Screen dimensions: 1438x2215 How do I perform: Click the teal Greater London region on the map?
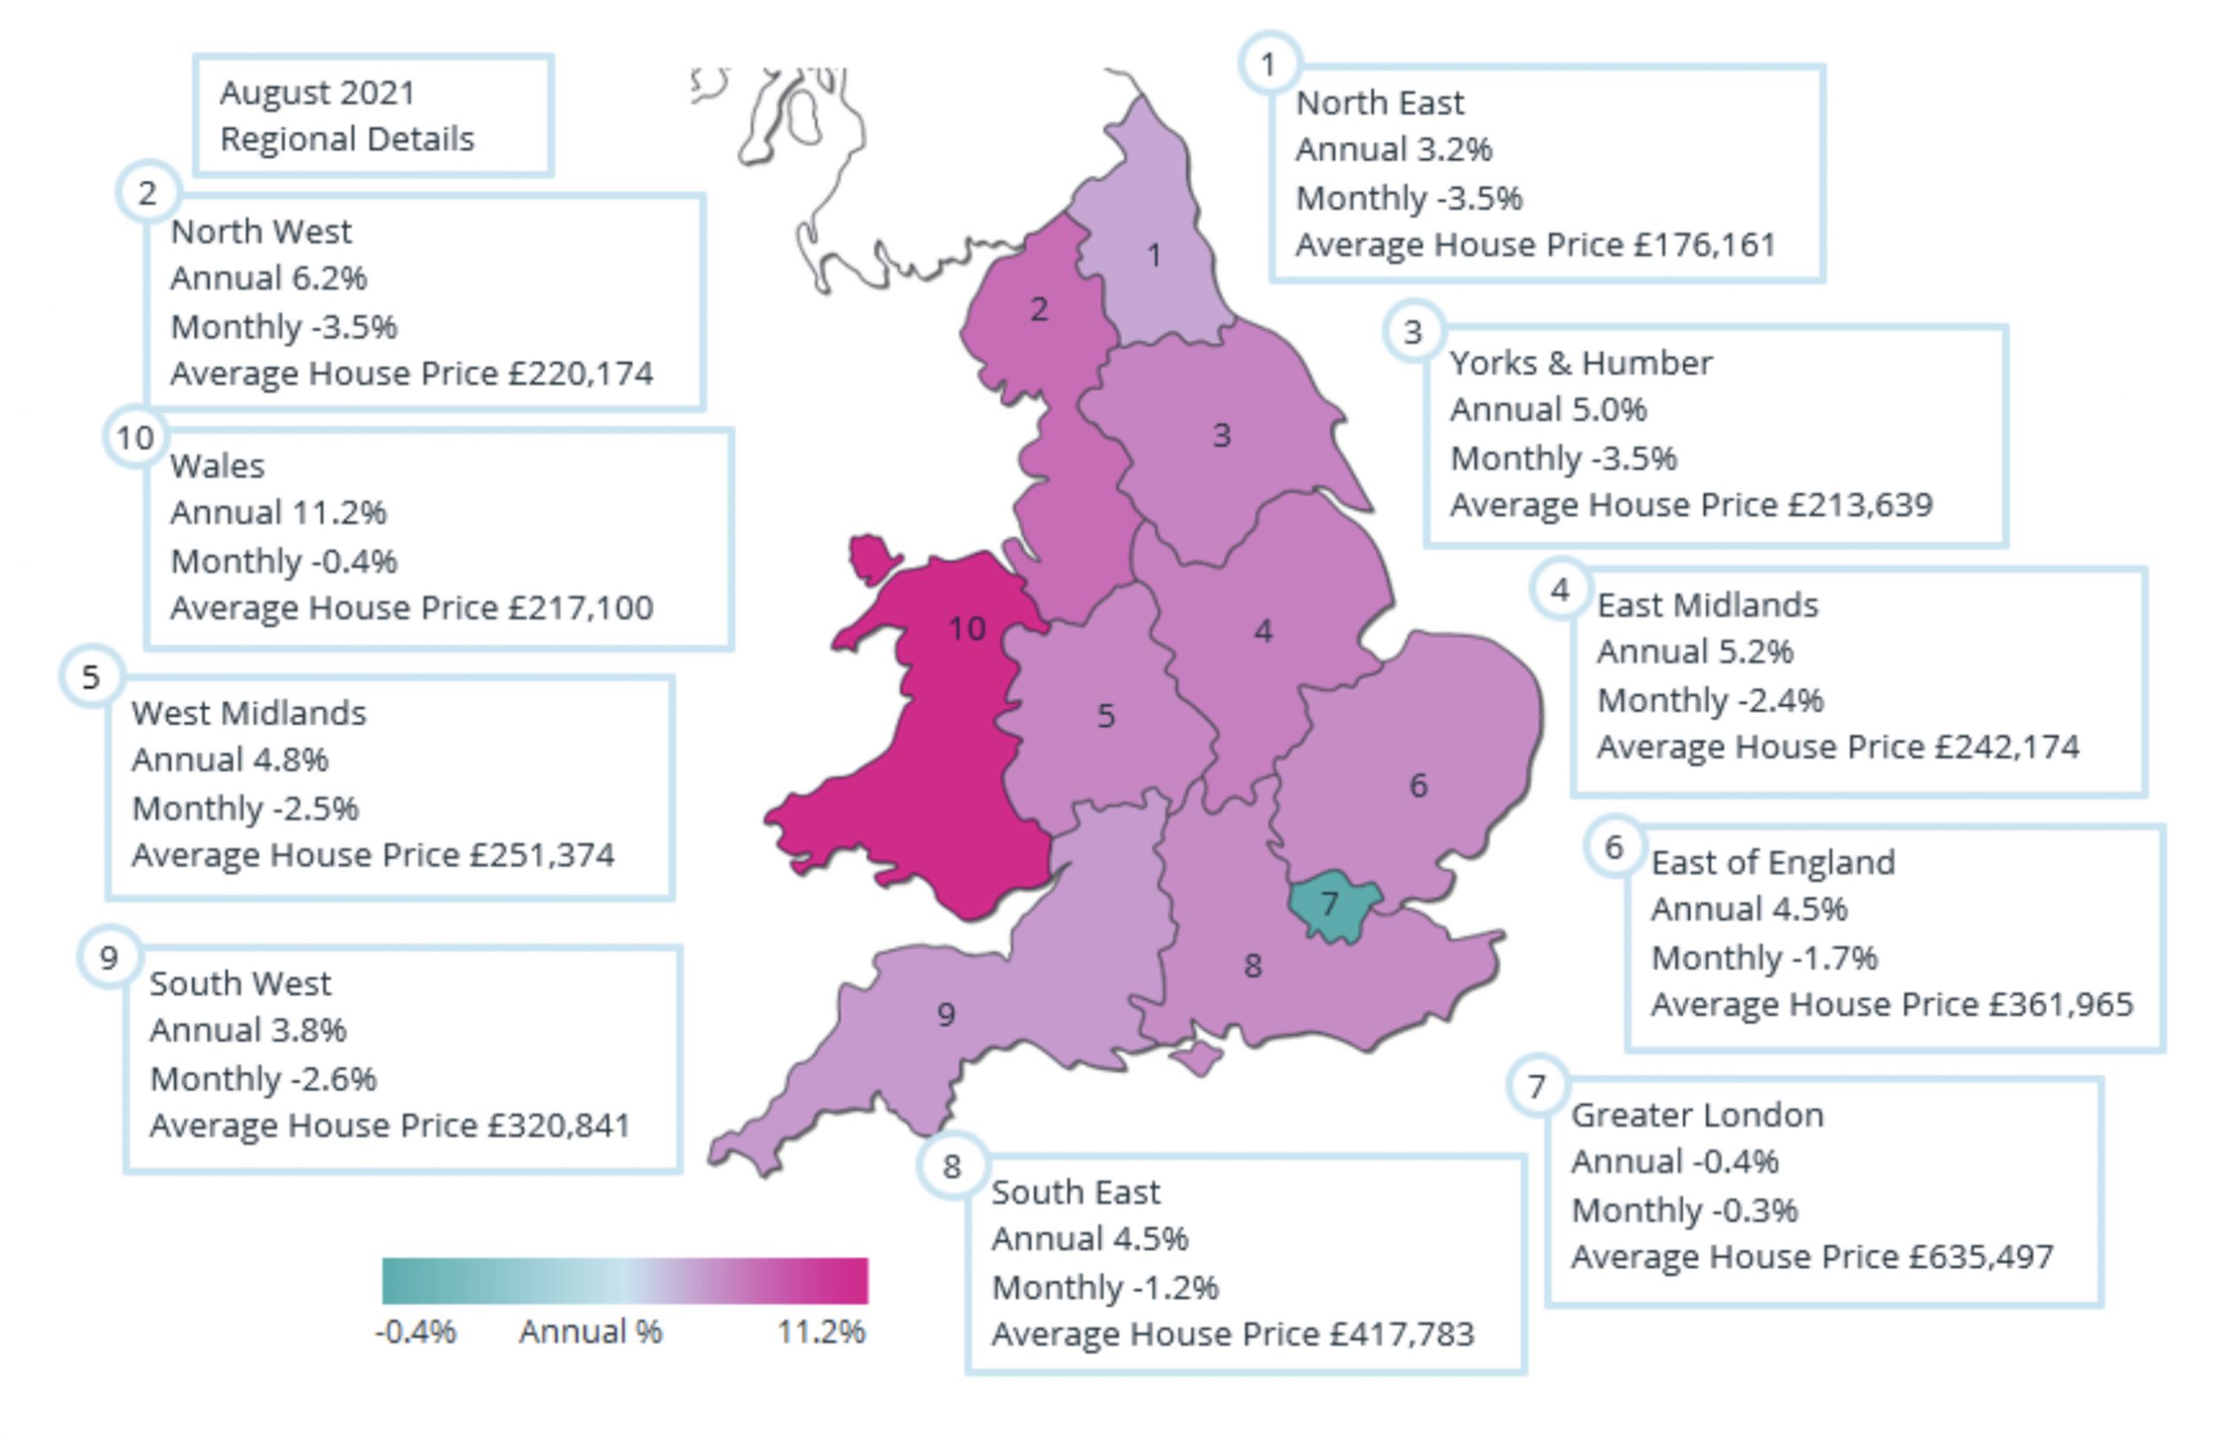(x=1329, y=904)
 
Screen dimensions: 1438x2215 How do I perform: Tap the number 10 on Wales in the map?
(x=967, y=629)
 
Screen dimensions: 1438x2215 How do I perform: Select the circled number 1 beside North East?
(x=1268, y=64)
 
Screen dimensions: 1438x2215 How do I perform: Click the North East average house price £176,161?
(x=1704, y=245)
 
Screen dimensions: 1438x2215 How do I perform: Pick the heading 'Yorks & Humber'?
(x=1580, y=363)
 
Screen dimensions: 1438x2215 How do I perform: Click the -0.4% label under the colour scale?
(x=415, y=1332)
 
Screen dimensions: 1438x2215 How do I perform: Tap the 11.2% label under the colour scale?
(x=821, y=1332)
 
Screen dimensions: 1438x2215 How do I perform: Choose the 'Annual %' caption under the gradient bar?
(x=590, y=1332)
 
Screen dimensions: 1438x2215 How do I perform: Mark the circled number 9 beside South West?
(x=109, y=958)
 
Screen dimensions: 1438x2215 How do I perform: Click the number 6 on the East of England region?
(x=1417, y=786)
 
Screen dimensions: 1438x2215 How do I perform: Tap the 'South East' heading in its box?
(x=1075, y=1192)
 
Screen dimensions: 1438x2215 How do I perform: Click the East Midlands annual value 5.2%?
(x=1756, y=652)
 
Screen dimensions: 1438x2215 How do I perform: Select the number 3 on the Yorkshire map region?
(x=1222, y=434)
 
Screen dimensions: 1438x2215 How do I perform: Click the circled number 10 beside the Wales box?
(x=135, y=438)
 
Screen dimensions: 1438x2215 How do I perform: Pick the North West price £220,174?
(x=580, y=373)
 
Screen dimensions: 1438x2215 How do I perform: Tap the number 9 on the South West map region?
(x=946, y=1015)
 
